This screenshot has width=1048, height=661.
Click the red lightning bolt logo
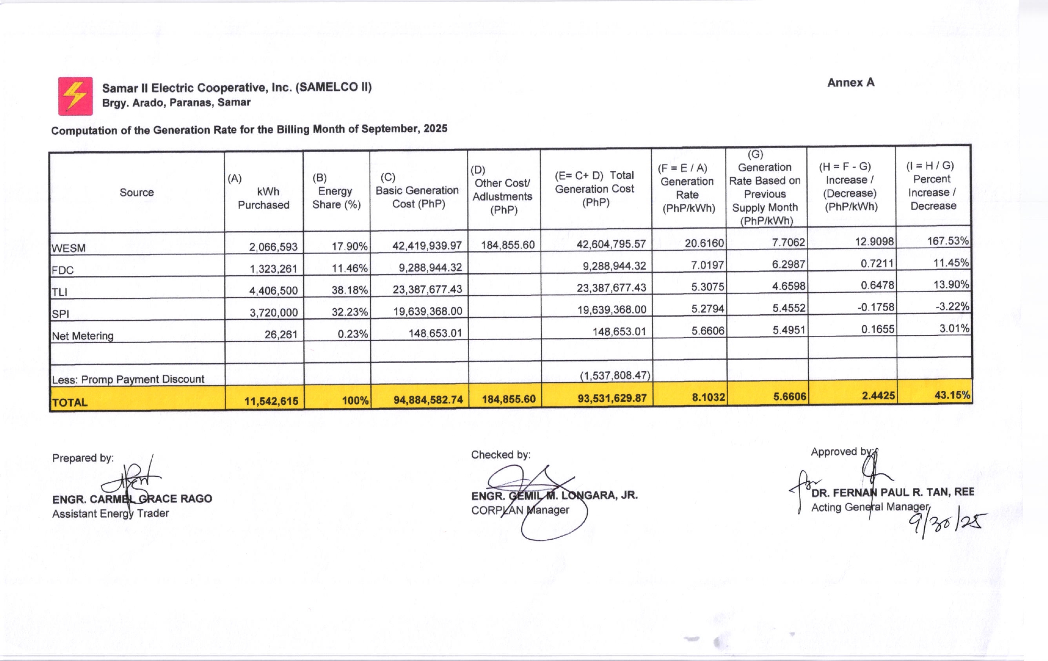(x=75, y=96)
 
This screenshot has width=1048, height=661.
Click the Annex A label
(x=850, y=83)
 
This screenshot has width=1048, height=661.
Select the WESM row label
(x=69, y=248)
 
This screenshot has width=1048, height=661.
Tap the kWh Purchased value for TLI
(x=274, y=291)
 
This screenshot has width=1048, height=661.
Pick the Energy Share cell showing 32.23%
(x=349, y=312)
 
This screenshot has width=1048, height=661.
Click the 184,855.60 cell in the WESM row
(x=507, y=245)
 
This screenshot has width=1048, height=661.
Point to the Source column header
(x=136, y=192)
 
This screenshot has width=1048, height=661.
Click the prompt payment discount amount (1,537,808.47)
(x=614, y=375)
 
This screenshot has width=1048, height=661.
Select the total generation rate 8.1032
(x=708, y=397)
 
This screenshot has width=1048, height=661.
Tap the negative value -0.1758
(x=875, y=307)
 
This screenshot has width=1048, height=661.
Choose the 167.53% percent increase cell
(x=948, y=241)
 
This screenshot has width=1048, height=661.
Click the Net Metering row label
(x=83, y=336)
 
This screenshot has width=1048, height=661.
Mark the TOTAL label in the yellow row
(x=70, y=402)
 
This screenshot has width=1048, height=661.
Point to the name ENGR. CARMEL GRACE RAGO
(x=132, y=499)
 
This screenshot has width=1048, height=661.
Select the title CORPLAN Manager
(x=520, y=510)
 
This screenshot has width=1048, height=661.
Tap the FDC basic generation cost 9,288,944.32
(x=430, y=268)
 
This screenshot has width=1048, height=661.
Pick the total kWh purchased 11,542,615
(x=271, y=401)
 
